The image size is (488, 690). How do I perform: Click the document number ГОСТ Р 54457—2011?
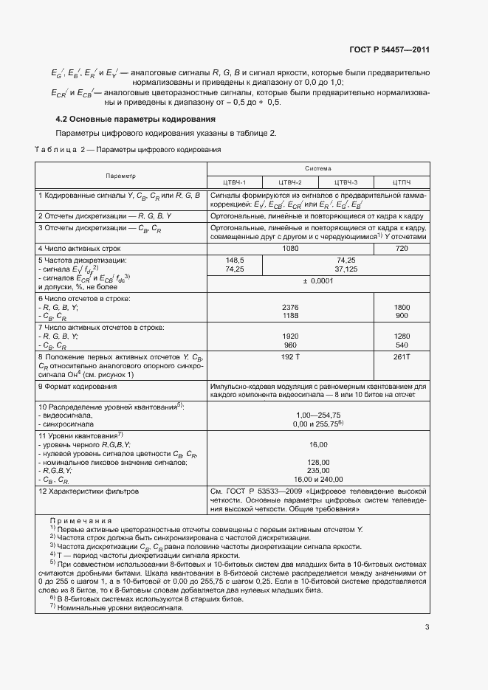389,50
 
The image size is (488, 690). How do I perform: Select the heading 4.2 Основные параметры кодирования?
136,119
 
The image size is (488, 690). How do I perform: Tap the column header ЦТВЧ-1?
234,182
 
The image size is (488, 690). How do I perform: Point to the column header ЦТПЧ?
401,182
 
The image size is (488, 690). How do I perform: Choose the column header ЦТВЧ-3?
346,182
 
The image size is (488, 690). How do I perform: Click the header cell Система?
318,168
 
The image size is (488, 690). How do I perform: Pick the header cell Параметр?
120,176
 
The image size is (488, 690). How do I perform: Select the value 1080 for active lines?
290,249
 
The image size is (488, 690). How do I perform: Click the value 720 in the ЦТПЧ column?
401,249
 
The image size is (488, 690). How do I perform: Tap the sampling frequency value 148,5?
235,261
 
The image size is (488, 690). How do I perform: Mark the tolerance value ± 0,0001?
318,280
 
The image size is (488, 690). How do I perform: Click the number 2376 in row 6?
290,306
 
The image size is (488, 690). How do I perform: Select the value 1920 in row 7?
290,336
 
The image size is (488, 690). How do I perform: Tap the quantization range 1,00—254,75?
318,415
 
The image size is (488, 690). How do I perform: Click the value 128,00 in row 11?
318,462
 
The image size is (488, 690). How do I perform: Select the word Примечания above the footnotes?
80,520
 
